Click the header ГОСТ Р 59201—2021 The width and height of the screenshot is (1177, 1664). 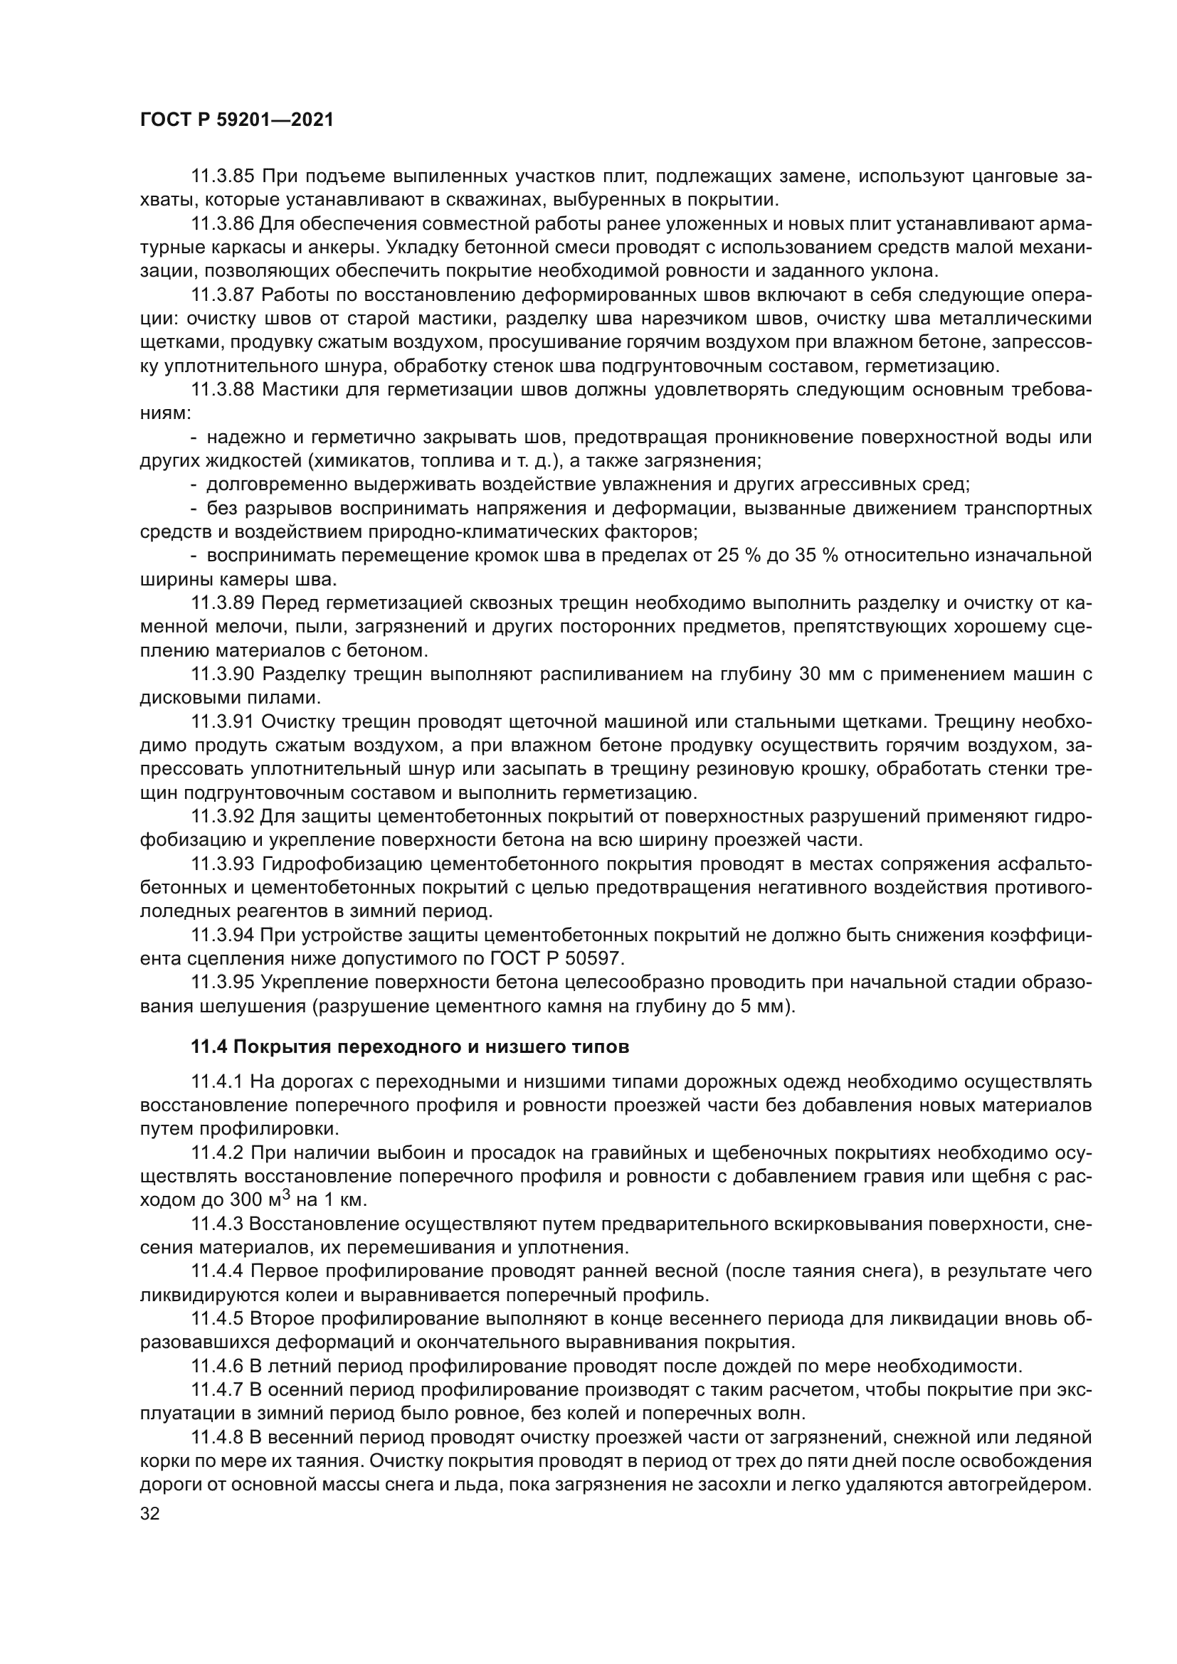pyautogui.click(x=236, y=120)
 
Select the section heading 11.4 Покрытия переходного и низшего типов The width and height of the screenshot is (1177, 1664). pyautogui.click(x=409, y=1047)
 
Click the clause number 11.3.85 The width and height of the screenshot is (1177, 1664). pyautogui.click(x=223, y=176)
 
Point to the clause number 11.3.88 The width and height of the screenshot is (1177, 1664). pyautogui.click(x=223, y=390)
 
